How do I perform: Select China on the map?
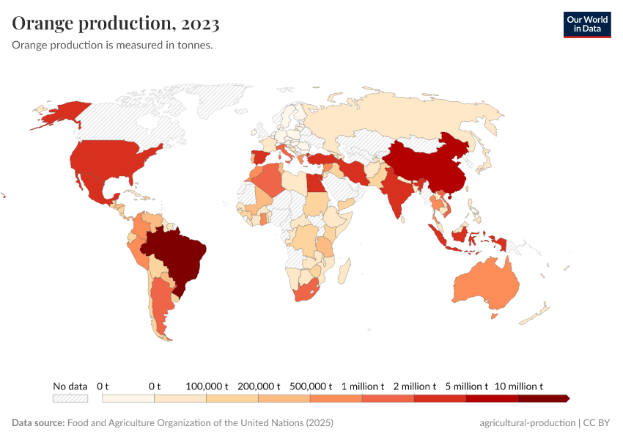pyautogui.click(x=425, y=165)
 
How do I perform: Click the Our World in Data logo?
pyautogui.click(x=587, y=24)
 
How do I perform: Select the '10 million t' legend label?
pyautogui.click(x=519, y=386)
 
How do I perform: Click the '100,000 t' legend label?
pyautogui.click(x=207, y=386)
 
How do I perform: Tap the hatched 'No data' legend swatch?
pyautogui.click(x=70, y=398)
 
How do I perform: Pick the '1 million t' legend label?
pyautogui.click(x=362, y=386)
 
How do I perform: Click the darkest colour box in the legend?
pyautogui.click(x=542, y=398)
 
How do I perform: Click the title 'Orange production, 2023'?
pyautogui.click(x=116, y=24)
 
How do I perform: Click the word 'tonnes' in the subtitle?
pyautogui.click(x=193, y=45)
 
